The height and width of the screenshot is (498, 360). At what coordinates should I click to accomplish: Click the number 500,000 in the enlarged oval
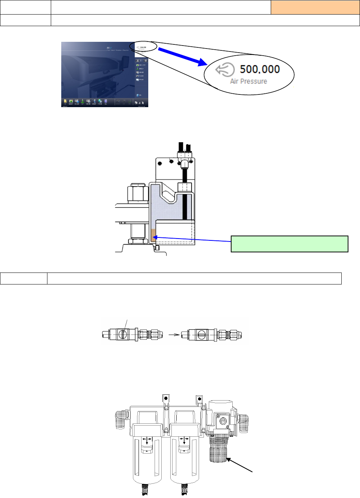[260, 69]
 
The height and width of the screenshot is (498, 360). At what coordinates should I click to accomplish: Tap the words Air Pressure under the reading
[249, 81]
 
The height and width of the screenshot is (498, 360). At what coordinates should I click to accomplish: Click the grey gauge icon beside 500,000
[225, 69]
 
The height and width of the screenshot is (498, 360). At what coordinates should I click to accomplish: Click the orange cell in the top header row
[315, 7]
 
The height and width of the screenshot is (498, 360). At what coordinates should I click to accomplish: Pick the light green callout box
[289, 244]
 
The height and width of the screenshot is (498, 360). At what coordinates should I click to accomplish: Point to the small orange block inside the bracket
[153, 235]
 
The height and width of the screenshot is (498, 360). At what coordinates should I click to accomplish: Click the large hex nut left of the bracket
[136, 193]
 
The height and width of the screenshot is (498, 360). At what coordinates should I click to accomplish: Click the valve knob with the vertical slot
[122, 334]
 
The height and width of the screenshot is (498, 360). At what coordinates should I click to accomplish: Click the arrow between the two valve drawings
[174, 335]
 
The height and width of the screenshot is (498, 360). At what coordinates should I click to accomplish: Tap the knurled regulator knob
[218, 449]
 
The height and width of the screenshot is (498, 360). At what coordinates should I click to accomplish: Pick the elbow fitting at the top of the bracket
[184, 162]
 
